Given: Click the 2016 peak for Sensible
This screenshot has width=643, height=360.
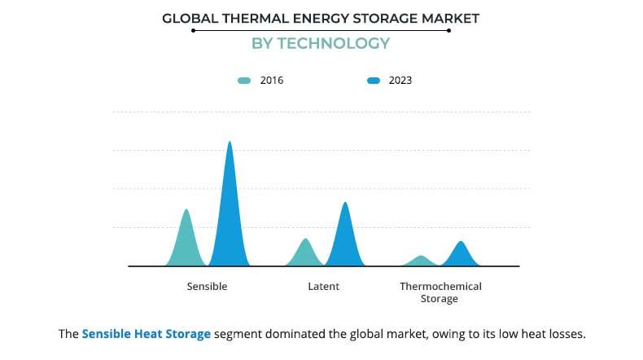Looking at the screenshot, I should (186, 211).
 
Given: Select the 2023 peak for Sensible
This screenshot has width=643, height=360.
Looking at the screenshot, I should (230, 143).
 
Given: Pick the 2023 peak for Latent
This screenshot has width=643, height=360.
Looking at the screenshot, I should (345, 204).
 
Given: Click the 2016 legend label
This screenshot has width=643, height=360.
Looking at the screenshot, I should (272, 81).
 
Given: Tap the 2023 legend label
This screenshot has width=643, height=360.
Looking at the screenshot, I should (400, 81).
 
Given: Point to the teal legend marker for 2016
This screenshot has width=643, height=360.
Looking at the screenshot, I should (244, 81).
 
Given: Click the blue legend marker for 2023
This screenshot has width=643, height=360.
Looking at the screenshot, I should (374, 81).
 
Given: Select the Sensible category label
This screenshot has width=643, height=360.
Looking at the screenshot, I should (207, 287).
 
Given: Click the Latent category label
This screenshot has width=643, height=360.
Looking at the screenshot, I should (323, 287).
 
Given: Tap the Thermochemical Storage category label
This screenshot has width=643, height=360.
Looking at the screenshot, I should (440, 292).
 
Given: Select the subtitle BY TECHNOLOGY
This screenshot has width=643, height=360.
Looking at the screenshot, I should (321, 43).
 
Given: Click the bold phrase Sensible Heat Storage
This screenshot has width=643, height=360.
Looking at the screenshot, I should (146, 334).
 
